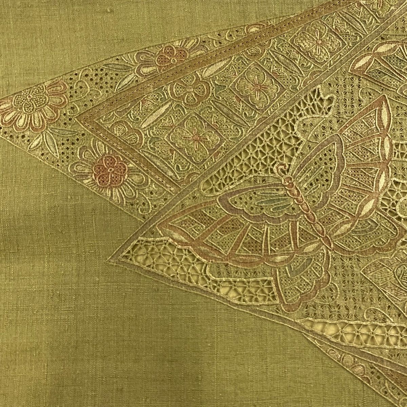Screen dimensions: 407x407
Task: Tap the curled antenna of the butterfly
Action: pos(281,167)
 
